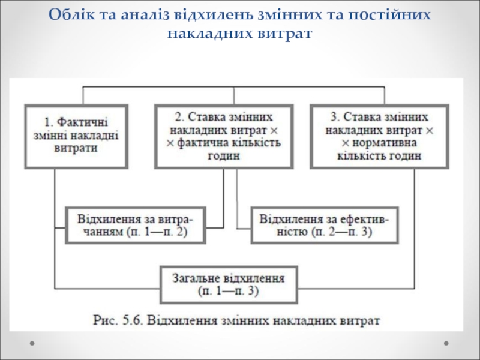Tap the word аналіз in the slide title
point(145,14)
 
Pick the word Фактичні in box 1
point(82,122)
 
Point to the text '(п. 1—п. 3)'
point(229,291)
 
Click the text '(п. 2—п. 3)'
point(341,232)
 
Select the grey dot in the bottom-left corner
point(32,343)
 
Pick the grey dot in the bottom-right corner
point(446,343)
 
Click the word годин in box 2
point(224,156)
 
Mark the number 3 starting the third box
point(334,117)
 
